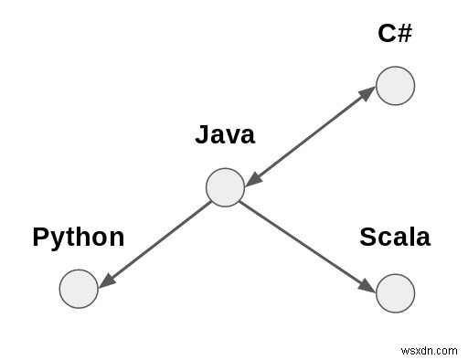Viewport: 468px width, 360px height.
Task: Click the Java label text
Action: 225,135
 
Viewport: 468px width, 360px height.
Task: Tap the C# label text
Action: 396,34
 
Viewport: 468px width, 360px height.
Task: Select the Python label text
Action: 79,238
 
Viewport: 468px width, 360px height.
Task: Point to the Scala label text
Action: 395,238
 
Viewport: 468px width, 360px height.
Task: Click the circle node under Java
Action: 225,187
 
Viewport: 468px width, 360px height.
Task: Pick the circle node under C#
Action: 396,86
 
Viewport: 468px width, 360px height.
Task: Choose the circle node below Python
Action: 79,289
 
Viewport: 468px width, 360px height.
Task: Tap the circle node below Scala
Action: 396,292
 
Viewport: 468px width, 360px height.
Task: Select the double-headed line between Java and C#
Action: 311,136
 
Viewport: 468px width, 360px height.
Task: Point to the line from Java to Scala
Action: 306,241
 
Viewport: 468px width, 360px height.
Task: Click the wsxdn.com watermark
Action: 431,349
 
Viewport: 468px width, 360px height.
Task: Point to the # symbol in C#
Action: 405,34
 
